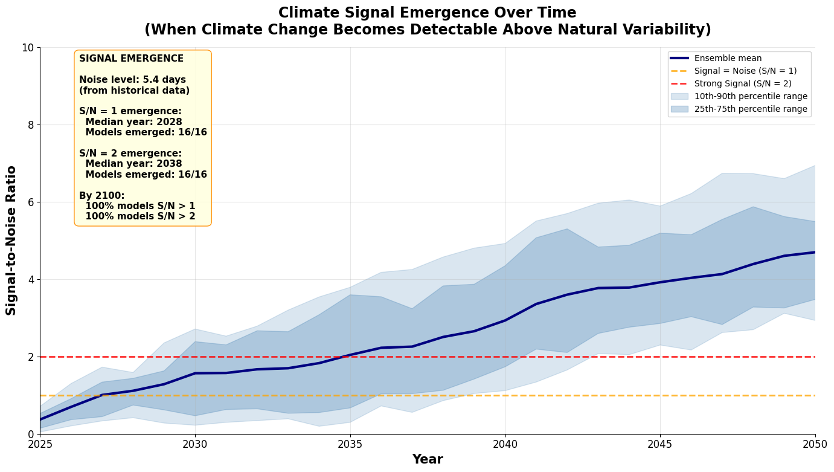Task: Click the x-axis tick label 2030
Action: [195, 445]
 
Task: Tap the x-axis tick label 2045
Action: [660, 445]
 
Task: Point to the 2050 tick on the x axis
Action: [815, 445]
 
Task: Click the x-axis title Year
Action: [428, 459]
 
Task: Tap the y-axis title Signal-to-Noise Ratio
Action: [11, 241]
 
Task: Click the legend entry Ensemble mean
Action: [728, 59]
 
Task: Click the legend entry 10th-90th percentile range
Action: [751, 97]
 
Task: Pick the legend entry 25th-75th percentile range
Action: [751, 109]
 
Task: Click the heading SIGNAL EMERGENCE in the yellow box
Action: [131, 59]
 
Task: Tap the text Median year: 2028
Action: [133, 122]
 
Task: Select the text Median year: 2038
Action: [133, 164]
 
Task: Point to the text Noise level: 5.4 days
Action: [132, 80]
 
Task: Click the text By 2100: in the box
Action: [101, 196]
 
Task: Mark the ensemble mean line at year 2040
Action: [505, 320]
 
